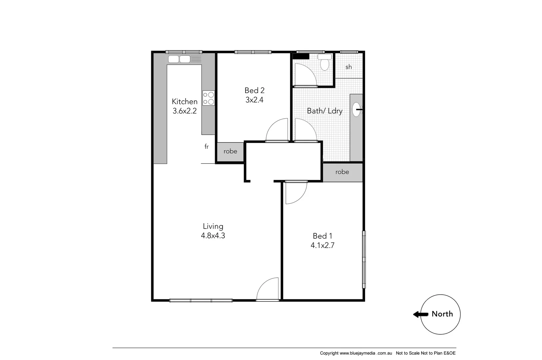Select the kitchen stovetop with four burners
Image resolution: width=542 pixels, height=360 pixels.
209,98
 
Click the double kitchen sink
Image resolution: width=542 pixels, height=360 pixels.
180,59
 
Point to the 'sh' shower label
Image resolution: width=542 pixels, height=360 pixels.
348,67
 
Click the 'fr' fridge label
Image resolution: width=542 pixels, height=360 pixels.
207,147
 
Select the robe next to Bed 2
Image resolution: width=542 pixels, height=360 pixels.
230,151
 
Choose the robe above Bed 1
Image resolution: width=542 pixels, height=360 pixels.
342,172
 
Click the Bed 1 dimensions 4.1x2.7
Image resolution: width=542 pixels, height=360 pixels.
322,246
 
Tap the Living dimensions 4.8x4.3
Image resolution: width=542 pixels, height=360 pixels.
213,236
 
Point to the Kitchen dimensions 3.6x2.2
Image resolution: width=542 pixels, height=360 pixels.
185,111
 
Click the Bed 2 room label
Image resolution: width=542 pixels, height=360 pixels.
254,90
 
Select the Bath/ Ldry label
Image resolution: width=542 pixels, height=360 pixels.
324,111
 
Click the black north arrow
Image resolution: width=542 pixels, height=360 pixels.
420,314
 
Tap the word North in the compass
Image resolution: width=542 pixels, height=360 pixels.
442,314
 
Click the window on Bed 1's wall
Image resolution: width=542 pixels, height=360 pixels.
364,260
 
